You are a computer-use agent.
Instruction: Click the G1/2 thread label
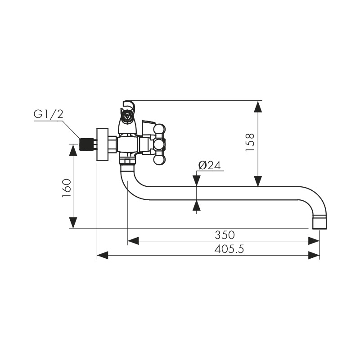click(49, 114)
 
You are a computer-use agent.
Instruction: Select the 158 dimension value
click(250, 142)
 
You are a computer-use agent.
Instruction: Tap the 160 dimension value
click(67, 188)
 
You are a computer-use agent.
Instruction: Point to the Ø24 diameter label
click(209, 165)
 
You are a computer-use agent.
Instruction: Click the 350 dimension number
click(225, 235)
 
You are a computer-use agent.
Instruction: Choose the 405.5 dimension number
click(229, 249)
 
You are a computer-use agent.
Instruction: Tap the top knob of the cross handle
click(160, 129)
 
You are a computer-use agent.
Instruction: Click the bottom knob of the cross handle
click(159, 160)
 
